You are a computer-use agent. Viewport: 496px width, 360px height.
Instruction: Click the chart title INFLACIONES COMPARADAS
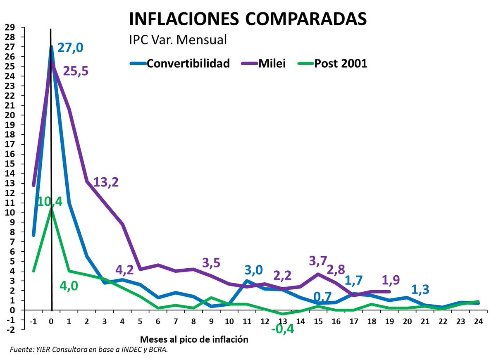[248, 19]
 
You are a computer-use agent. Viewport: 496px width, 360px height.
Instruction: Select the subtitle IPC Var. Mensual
[178, 40]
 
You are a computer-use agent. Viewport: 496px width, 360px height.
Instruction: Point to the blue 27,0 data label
[70, 48]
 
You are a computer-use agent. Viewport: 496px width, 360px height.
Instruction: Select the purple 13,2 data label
[106, 182]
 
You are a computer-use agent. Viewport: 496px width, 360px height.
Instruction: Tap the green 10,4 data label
[49, 202]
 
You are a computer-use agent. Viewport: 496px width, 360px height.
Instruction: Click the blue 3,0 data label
[253, 270]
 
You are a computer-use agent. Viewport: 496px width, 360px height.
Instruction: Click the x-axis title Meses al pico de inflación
[195, 339]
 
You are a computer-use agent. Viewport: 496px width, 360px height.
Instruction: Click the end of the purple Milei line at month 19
[389, 291]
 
